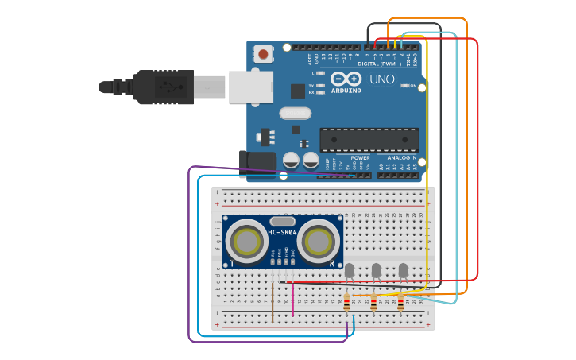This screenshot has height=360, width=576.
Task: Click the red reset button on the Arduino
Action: (x=263, y=55)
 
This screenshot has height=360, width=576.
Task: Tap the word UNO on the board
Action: (x=382, y=79)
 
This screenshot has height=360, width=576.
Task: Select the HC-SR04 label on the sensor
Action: (x=282, y=232)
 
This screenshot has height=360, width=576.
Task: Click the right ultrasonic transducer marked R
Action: (x=319, y=239)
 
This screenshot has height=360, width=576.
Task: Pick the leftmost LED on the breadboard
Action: (x=350, y=271)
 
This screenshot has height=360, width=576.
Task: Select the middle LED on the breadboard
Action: (x=377, y=271)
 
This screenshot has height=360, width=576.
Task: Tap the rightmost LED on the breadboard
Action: (x=404, y=271)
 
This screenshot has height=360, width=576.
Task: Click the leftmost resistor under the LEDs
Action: (x=346, y=302)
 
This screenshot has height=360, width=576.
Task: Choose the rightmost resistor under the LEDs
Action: (x=400, y=302)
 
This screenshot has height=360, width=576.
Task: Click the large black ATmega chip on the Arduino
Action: (x=369, y=139)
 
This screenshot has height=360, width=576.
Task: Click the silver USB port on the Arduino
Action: (x=250, y=87)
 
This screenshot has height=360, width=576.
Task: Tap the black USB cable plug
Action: (x=163, y=87)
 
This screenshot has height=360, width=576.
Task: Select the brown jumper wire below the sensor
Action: (x=273, y=302)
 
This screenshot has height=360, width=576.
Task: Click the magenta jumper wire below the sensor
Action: (x=293, y=300)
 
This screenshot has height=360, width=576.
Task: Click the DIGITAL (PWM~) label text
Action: (x=379, y=64)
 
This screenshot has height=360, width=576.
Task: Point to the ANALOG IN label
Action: (x=402, y=157)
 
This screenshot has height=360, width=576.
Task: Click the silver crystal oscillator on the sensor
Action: (x=282, y=221)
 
